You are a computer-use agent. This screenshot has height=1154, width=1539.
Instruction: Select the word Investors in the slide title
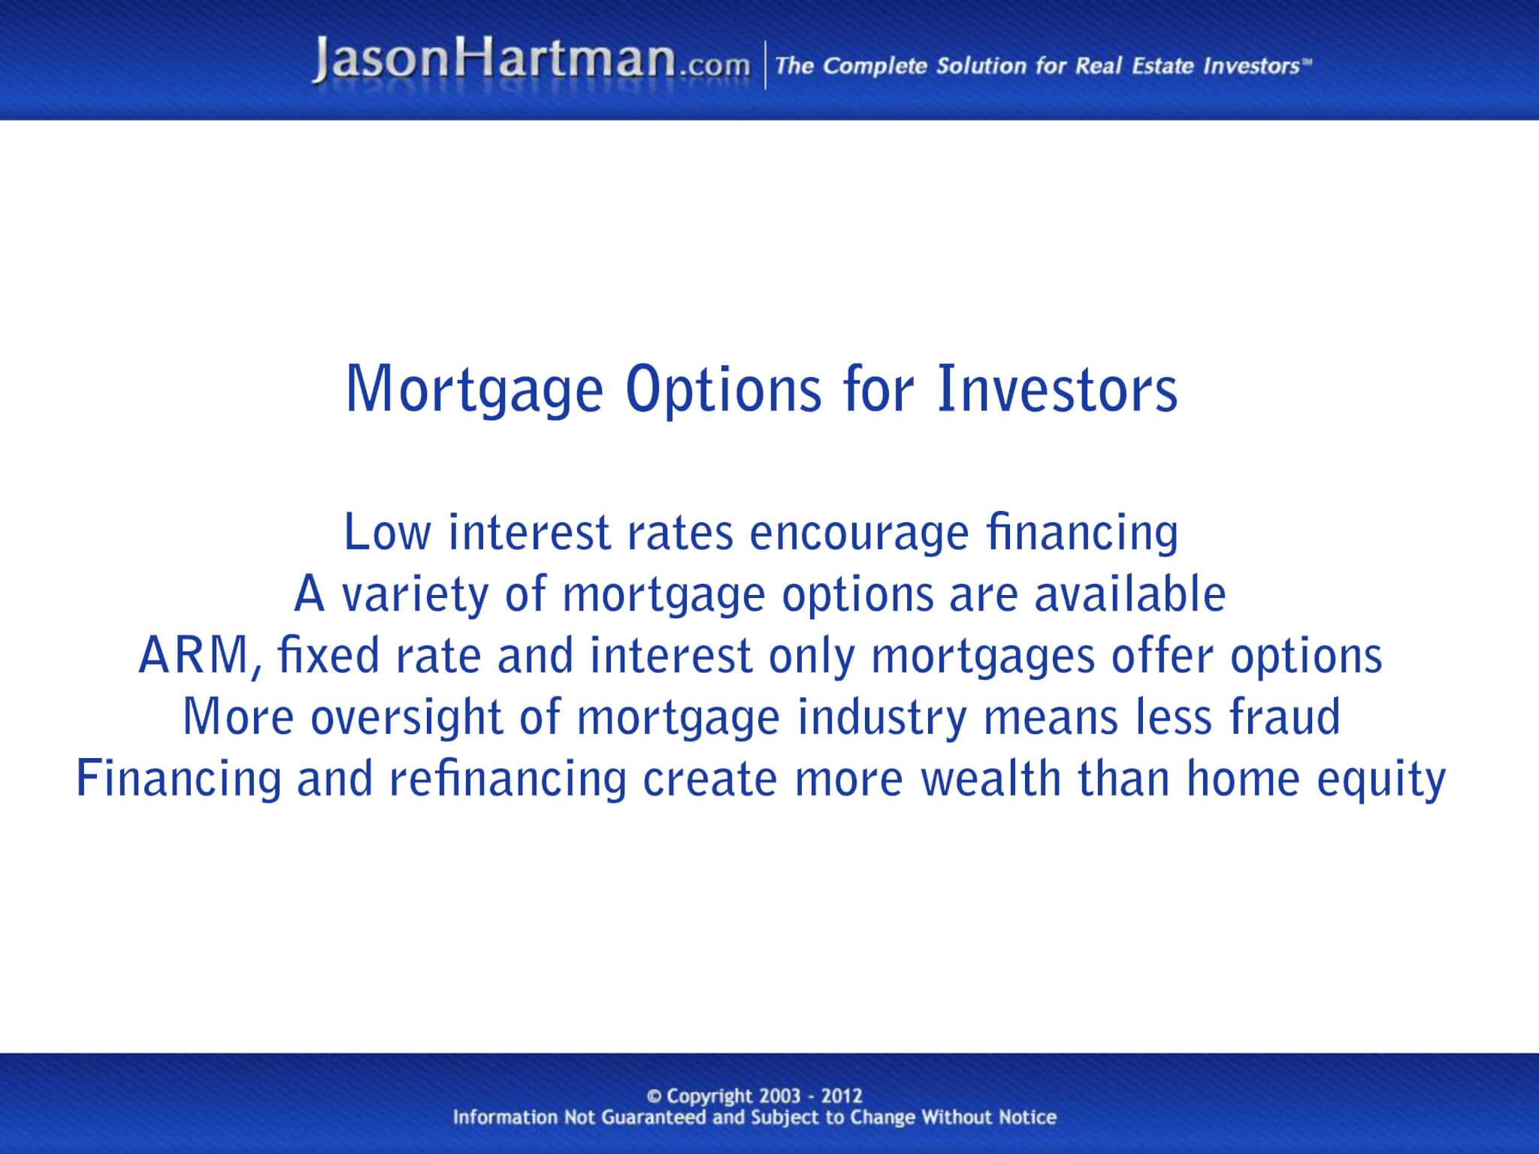tap(1057, 389)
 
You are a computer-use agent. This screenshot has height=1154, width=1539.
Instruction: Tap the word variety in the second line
tap(414, 596)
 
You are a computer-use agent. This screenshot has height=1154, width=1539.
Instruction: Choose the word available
tap(1130, 594)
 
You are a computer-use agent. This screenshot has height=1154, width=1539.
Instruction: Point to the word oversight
tap(406, 718)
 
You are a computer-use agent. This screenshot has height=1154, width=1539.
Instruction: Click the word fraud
tap(1284, 717)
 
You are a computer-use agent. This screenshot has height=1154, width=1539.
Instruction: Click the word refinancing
tap(507, 779)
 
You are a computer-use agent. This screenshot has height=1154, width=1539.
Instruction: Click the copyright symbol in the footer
tap(654, 1097)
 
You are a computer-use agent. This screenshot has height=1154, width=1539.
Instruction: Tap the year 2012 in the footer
tap(842, 1096)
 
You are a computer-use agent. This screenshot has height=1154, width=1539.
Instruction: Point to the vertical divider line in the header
tap(765, 66)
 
